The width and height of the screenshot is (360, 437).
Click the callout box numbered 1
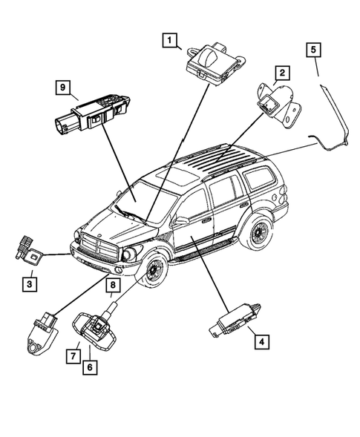pyautogui.click(x=171, y=40)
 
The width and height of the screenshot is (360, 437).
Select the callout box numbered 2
pyautogui.click(x=282, y=73)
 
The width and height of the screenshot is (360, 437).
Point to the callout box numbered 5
pyautogui.click(x=315, y=50)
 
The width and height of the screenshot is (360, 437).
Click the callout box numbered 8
pyautogui.click(x=114, y=284)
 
